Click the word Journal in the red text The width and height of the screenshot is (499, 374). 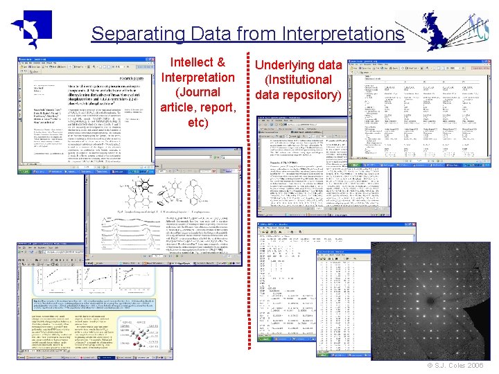click(x=198, y=92)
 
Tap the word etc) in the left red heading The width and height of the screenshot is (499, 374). click(x=198, y=123)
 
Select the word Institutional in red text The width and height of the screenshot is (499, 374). click(x=299, y=80)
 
